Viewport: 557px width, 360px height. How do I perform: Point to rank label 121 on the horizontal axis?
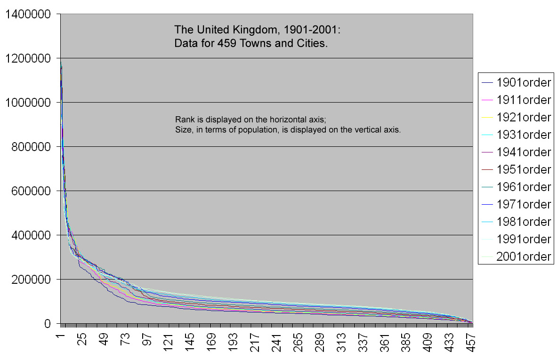168,342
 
